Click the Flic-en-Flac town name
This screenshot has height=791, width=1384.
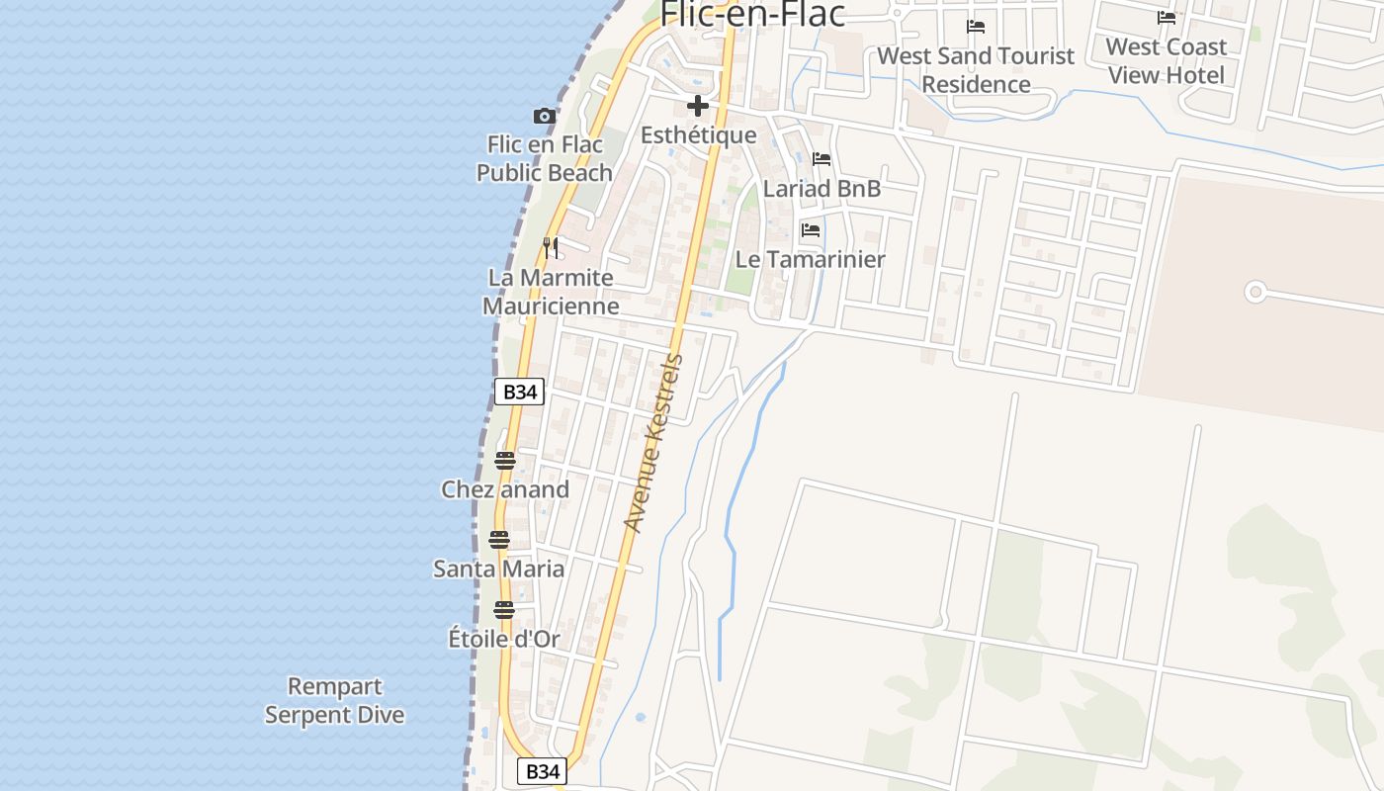[752, 14]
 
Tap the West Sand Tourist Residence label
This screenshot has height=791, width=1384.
[976, 69]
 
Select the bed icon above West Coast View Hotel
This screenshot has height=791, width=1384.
[1167, 18]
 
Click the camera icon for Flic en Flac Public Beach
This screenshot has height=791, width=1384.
[544, 117]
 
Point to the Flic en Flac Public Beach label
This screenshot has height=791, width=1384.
[545, 158]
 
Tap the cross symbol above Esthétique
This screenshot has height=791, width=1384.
[698, 106]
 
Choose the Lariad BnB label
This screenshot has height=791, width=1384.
[822, 188]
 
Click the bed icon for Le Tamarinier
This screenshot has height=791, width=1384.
[811, 230]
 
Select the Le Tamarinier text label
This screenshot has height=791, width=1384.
[810, 259]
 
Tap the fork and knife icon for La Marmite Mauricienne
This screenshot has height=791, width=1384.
[552, 247]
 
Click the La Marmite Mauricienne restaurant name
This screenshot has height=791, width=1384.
[551, 292]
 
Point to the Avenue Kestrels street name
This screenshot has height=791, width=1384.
[653, 443]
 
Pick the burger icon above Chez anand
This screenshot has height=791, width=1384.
[504, 460]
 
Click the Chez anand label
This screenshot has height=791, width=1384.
[505, 489]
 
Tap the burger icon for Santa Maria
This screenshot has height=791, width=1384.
[499, 540]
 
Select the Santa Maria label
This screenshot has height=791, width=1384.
[499, 569]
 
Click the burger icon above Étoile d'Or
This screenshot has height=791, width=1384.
[504, 609]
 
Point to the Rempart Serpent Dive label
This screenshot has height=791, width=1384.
[335, 700]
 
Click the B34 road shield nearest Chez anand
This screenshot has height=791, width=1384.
[519, 392]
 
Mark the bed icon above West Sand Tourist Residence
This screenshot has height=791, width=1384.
[976, 27]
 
